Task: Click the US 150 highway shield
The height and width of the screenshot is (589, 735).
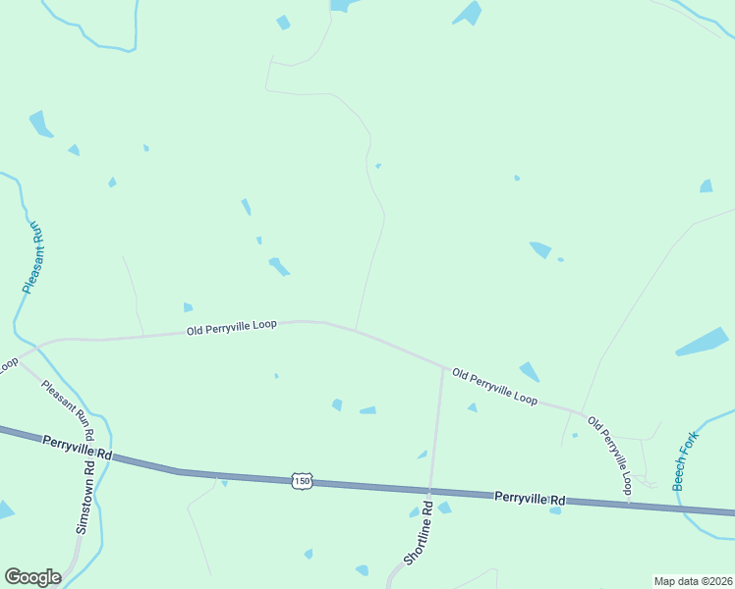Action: coord(302,480)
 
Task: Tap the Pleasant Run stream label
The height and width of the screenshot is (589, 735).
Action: coord(33,257)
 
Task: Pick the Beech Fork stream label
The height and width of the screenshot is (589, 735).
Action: coord(685,460)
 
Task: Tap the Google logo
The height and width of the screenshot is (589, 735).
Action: coord(32,577)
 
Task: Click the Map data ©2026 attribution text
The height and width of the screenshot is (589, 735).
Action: coord(692,581)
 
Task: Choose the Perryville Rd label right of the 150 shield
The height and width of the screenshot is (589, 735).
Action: coord(530,498)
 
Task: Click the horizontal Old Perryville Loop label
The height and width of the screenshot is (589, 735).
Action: coord(233,328)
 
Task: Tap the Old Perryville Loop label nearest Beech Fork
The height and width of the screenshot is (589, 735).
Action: coord(609,455)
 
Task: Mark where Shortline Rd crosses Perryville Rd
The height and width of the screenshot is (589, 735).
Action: coord(429,491)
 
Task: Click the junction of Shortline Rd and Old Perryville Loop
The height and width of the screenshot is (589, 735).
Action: coord(442,366)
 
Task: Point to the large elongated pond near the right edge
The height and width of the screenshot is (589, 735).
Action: coord(702,342)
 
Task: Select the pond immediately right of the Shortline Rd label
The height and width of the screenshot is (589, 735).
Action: coord(444,508)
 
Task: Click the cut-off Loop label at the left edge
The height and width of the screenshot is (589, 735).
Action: coord(8,364)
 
